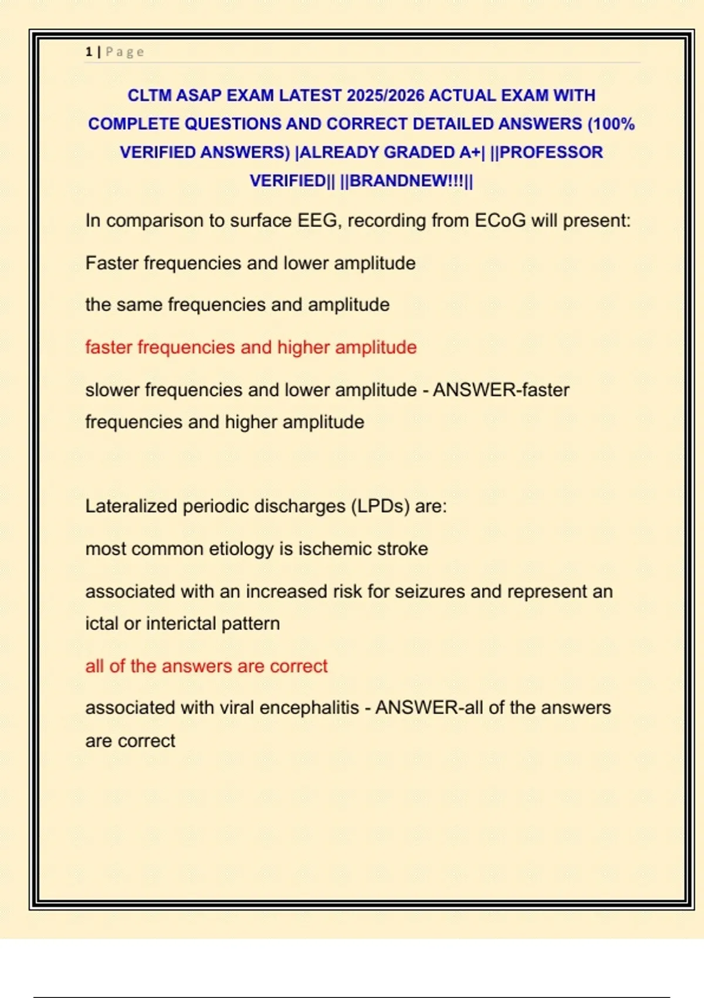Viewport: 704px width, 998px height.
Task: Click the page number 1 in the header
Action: coord(89,52)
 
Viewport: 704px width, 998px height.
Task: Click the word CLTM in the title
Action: coord(149,95)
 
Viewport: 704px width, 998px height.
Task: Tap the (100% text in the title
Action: coord(611,124)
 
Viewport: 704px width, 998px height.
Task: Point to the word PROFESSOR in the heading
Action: coord(551,152)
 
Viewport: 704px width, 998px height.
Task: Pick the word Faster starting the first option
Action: coord(112,263)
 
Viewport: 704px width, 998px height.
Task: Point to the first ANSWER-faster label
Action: coord(501,390)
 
